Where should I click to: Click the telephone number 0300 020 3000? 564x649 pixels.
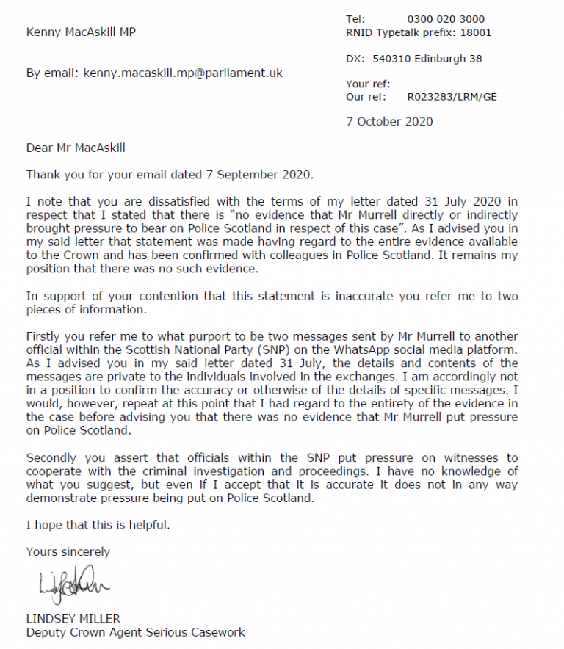pos(446,19)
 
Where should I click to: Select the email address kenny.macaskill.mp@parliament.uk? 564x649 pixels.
pos(183,73)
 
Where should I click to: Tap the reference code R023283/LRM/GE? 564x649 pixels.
pos(452,96)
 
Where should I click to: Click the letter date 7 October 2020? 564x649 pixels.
pos(389,121)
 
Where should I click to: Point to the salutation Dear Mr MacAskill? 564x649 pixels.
pos(76,148)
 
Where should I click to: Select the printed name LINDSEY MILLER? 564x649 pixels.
pos(73,618)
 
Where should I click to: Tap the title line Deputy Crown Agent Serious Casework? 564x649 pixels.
pos(135,631)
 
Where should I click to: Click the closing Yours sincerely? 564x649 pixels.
pos(68,551)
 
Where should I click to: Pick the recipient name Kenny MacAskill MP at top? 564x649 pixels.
pos(81,32)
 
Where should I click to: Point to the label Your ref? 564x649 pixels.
pos(368,84)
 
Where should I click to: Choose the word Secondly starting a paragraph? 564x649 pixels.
pos(54,457)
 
